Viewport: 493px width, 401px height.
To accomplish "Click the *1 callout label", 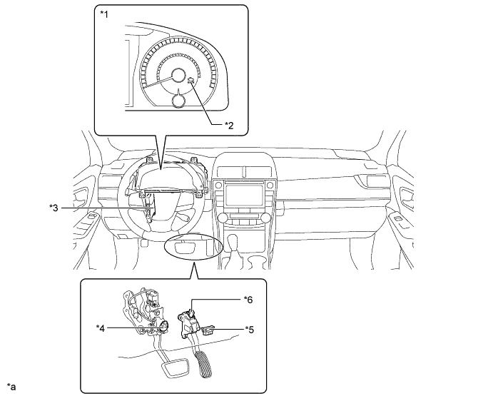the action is pos(104,14).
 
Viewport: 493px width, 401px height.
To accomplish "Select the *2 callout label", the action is pos(229,126).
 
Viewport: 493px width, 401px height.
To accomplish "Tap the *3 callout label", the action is pos(54,208).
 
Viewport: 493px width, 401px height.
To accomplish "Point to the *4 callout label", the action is pos(101,328).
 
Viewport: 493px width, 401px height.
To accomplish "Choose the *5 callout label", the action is pos(250,330).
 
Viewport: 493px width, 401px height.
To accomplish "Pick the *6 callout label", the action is pos(248,300).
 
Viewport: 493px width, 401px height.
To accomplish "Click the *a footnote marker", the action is pos(11,387).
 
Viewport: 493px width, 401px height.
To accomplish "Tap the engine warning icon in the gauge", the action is pos(190,81).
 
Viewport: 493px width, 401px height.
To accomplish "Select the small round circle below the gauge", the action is pos(178,101).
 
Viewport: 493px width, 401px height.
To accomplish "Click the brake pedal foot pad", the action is pos(175,368).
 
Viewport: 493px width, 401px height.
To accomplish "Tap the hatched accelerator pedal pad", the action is pos(203,365).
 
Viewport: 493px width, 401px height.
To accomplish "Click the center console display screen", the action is pos(244,196).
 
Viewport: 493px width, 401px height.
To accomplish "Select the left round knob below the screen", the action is pos(223,218).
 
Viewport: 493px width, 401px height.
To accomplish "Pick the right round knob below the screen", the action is pos(265,218).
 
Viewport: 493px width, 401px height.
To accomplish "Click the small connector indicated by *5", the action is pos(208,330).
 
